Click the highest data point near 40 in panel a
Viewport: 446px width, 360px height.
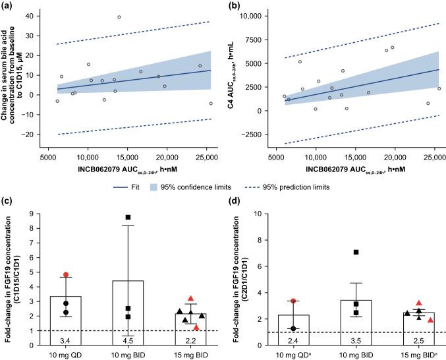click(119, 17)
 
